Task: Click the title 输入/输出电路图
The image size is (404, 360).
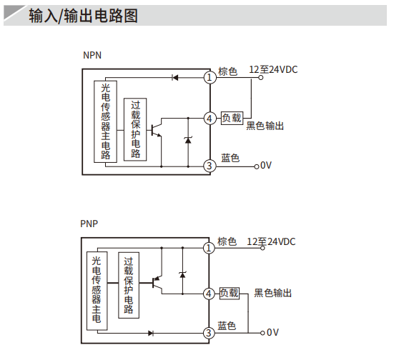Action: (83, 16)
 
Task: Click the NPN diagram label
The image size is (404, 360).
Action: (92, 55)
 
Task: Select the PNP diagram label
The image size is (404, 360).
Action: (89, 224)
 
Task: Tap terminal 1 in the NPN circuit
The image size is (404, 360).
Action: (210, 77)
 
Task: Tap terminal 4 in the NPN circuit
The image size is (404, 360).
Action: (210, 119)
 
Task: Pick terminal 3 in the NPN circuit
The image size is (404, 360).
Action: (210, 166)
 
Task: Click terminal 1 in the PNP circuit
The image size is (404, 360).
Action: (209, 248)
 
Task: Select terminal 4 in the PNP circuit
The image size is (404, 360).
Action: (209, 294)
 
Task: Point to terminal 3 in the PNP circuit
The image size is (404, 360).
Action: (209, 333)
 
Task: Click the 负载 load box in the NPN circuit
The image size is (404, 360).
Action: (232, 118)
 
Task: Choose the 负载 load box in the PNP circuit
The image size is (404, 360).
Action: (230, 293)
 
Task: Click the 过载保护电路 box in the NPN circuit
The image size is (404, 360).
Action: (135, 129)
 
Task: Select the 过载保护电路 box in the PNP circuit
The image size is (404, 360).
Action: (129, 286)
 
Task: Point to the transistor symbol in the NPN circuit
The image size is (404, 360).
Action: (156, 130)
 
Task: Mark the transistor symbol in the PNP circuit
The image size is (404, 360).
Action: (157, 283)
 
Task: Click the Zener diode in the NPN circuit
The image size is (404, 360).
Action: (188, 140)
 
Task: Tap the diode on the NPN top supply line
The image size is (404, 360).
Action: (175, 77)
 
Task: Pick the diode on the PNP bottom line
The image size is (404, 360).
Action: (151, 334)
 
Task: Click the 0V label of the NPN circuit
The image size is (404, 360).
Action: (266, 165)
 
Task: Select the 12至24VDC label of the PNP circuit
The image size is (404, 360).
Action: (271, 241)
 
